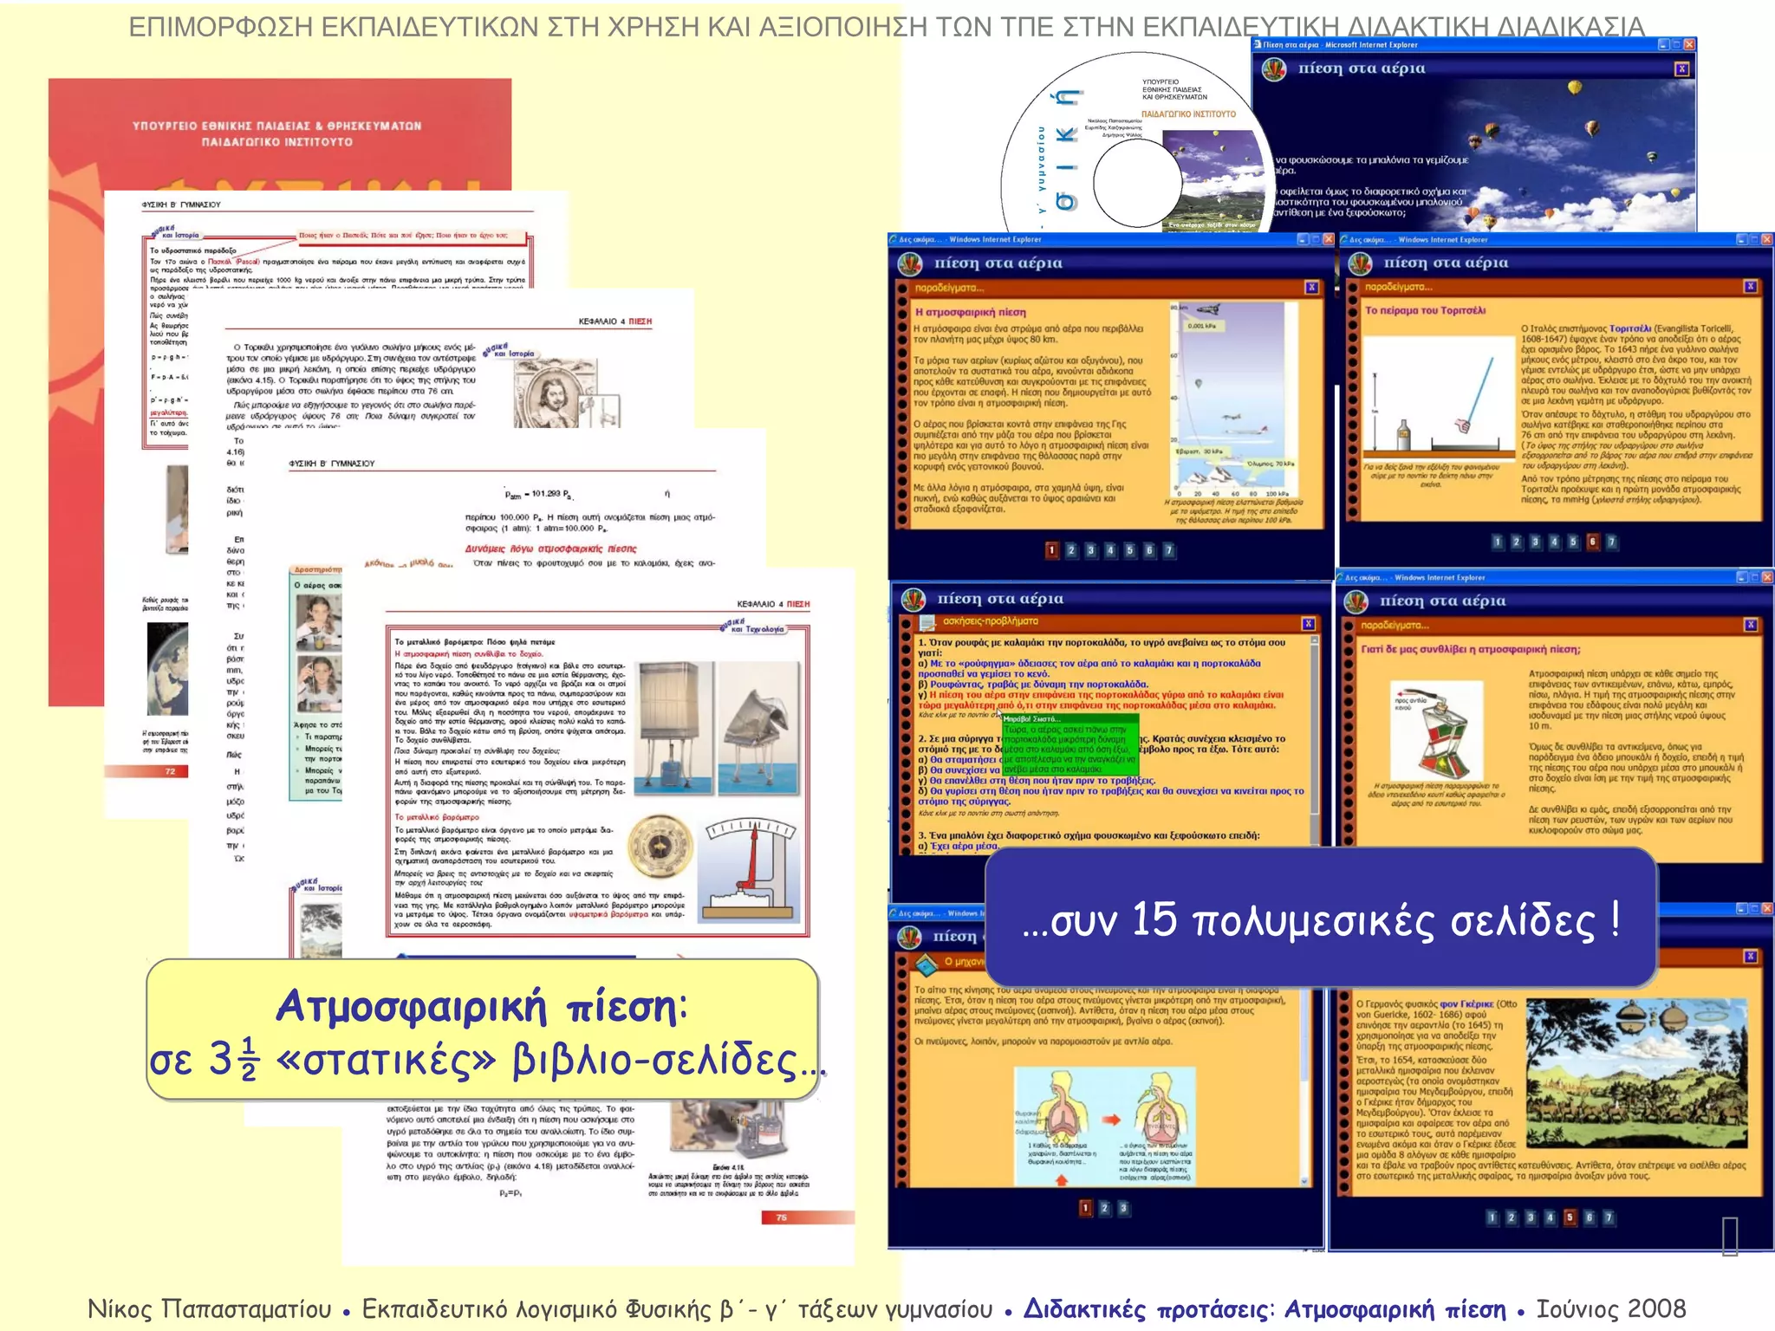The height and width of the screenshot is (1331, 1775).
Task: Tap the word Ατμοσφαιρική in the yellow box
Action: point(412,1007)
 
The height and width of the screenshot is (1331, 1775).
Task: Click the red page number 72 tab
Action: point(171,771)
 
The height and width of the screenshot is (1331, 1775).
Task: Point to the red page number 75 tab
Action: point(781,1217)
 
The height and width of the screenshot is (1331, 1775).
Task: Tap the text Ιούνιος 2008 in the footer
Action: point(1610,1308)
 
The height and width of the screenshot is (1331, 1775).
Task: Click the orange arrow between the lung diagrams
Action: point(1111,1120)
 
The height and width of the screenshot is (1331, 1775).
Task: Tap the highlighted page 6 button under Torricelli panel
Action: point(1592,542)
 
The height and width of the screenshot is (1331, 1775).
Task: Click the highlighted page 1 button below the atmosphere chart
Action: point(1052,550)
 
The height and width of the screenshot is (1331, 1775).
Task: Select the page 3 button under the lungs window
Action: point(1123,1208)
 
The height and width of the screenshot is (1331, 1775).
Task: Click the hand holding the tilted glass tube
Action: point(1464,425)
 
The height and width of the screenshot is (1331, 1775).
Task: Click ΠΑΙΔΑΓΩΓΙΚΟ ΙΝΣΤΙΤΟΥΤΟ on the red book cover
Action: point(277,142)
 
